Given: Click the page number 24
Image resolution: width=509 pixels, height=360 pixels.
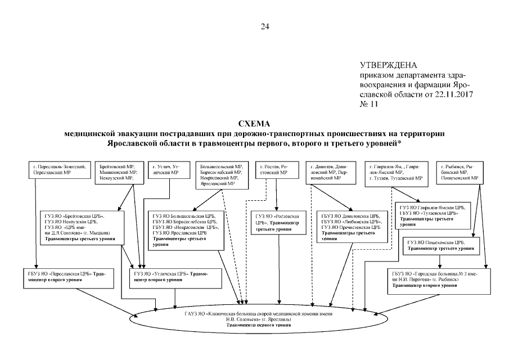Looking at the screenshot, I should [264, 26].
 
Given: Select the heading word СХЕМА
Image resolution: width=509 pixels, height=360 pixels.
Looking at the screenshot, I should [254, 123].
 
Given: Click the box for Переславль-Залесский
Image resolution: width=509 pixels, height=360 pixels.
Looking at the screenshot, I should [60, 170].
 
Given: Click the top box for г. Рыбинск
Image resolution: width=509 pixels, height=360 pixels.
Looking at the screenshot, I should [459, 172].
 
